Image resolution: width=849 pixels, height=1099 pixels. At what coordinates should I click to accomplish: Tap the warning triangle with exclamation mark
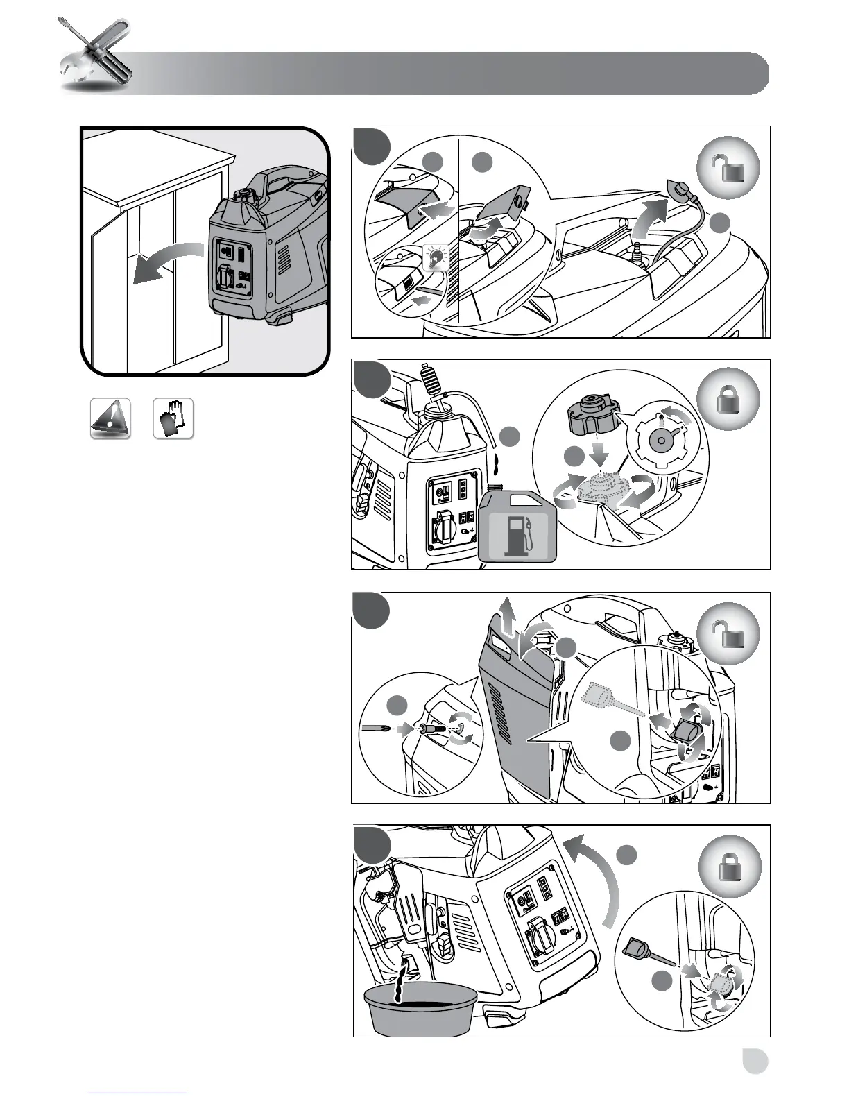110,419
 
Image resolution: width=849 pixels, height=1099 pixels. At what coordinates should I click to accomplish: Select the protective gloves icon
173,419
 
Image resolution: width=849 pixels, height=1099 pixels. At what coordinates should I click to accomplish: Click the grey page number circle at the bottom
754,1061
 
